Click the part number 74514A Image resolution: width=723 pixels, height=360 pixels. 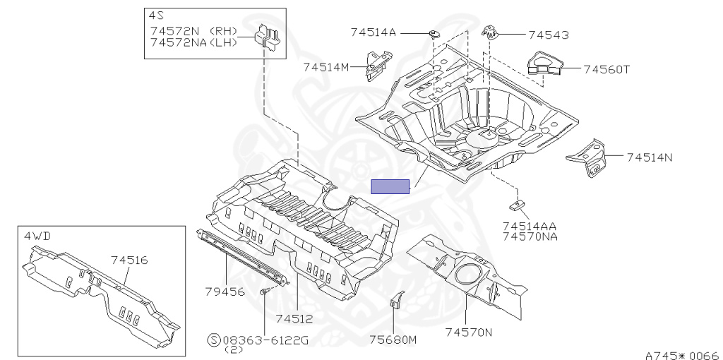[374, 32]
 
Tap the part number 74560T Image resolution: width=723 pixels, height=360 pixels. [607, 69]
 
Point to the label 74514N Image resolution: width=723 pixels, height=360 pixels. [649, 157]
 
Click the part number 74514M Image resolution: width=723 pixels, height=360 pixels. [326, 67]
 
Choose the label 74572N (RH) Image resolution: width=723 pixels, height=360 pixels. [194, 32]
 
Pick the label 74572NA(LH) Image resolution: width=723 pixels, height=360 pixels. [194, 43]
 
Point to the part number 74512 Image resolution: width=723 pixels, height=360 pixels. [294, 319]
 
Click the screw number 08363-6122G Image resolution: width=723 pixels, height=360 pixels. [265, 340]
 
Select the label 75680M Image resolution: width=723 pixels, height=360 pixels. [393, 340]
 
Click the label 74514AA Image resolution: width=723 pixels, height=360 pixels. [530, 226]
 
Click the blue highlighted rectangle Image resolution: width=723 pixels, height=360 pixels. [390, 186]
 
